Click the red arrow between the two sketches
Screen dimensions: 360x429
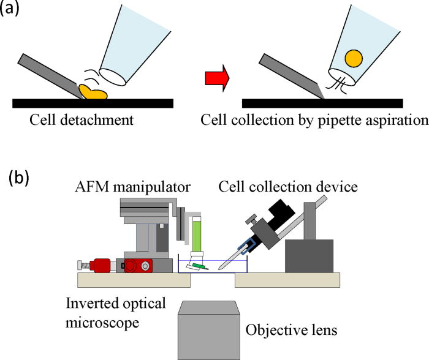217,78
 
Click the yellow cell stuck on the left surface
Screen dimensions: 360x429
93,92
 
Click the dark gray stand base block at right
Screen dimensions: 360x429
310,256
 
